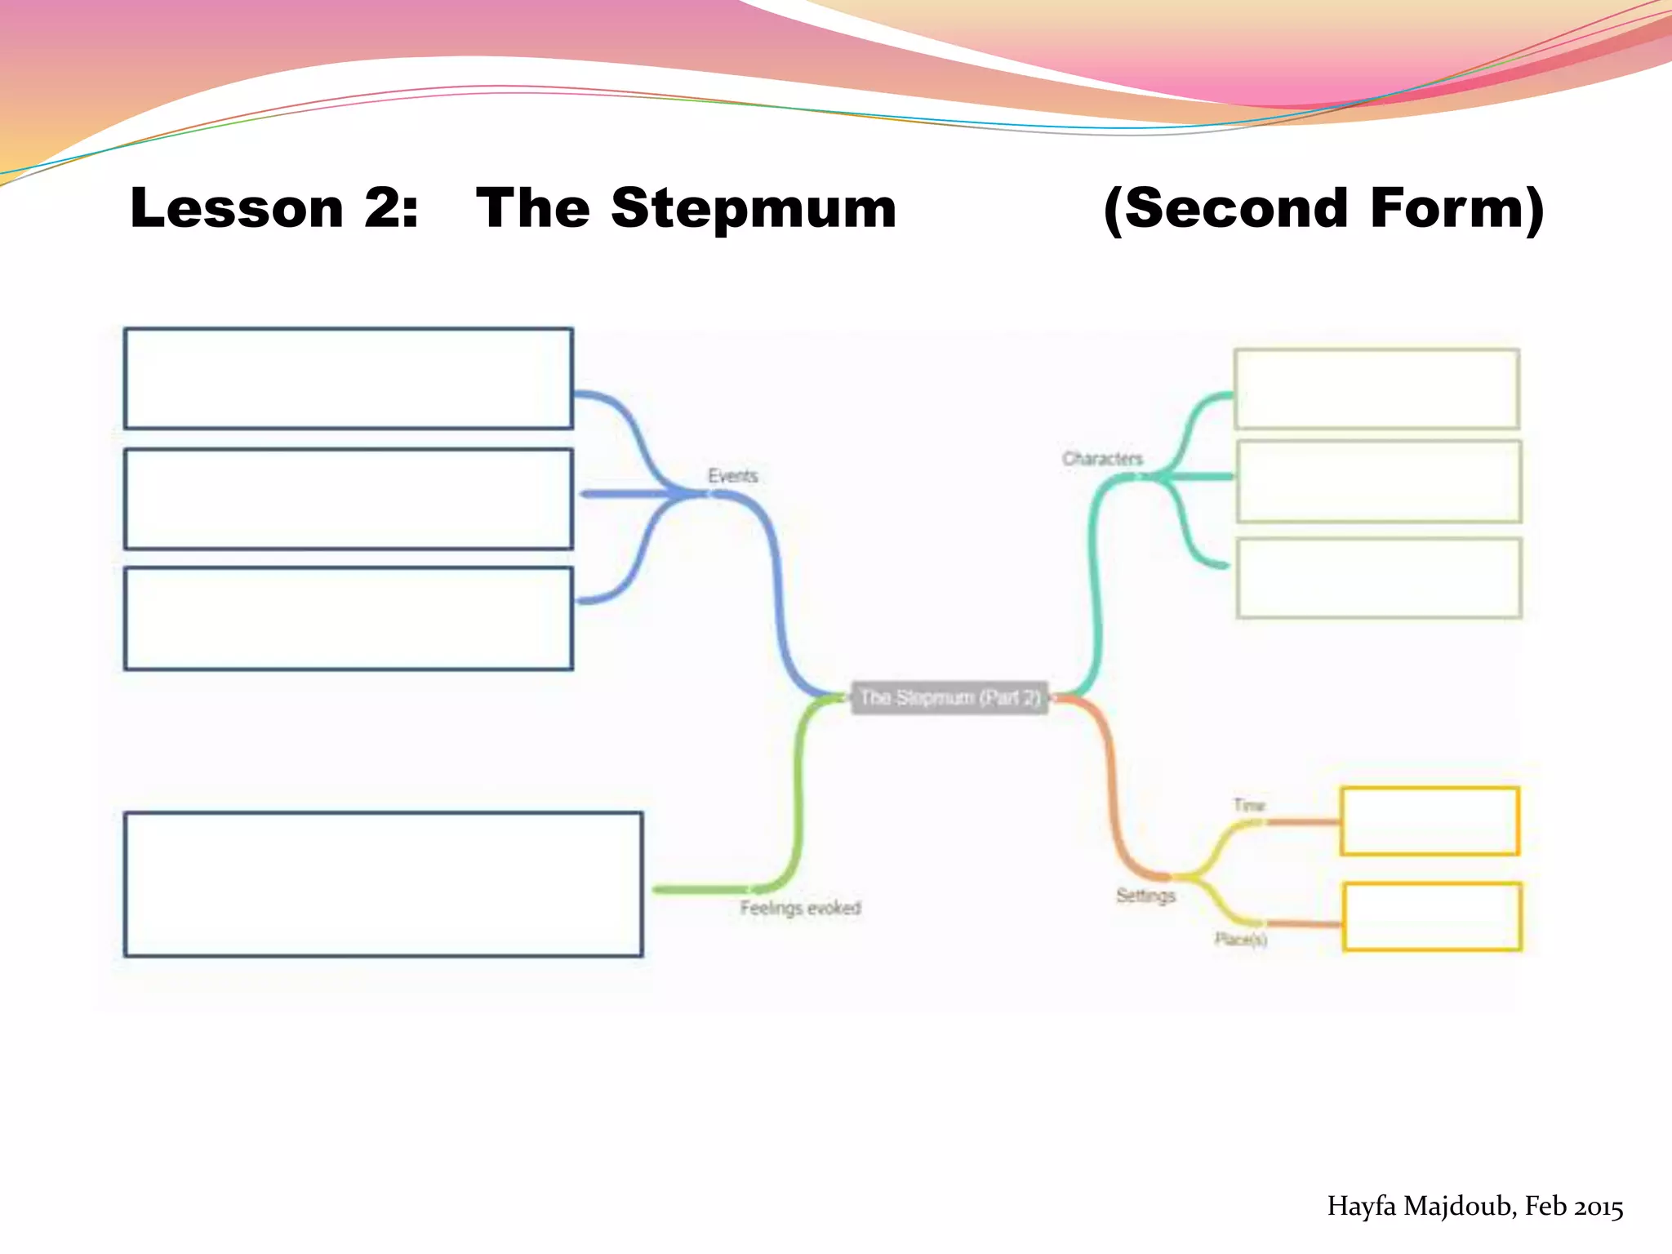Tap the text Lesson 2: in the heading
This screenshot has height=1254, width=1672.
click(274, 209)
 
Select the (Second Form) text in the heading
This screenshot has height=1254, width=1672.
click(1323, 209)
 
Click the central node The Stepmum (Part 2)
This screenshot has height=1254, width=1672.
click(949, 698)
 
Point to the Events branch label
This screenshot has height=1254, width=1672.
click(732, 476)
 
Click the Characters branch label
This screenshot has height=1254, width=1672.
click(1102, 459)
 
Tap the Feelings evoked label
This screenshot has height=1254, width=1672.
click(800, 908)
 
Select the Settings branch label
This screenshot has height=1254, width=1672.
click(1145, 896)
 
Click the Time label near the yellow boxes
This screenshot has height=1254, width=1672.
click(1248, 805)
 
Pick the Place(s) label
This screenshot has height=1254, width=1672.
click(1240, 940)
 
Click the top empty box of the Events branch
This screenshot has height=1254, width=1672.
click(349, 379)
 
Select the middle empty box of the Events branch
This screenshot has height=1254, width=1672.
click(349, 499)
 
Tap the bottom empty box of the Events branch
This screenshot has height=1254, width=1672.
click(349, 619)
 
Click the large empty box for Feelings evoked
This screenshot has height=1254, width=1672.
click(383, 884)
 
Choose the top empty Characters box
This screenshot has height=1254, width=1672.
click(1376, 389)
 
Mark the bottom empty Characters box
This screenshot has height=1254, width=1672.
click(1379, 578)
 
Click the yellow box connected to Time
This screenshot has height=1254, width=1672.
click(1430, 821)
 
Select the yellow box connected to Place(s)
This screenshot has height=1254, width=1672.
click(1432, 917)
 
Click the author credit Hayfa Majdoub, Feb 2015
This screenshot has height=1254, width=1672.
click(1474, 1207)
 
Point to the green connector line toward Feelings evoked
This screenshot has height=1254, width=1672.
click(797, 800)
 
